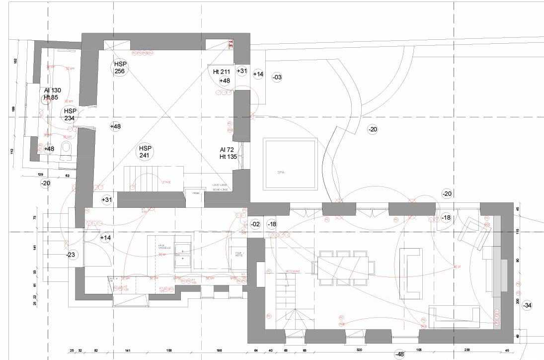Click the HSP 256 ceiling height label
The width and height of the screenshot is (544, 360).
120,68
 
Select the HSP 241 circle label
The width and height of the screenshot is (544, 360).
145,152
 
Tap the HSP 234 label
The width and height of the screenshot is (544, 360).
69,114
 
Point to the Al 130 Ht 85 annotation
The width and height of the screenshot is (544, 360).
52,93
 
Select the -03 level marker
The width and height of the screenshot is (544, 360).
277,77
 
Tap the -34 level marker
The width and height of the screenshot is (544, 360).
528,305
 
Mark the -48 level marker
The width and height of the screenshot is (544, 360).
399,354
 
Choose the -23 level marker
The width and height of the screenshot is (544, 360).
71,255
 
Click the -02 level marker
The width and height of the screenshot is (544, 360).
255,224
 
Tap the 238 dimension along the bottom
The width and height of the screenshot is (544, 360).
467,350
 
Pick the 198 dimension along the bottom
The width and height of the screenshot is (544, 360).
219,350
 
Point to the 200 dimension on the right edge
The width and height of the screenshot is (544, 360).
518,301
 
